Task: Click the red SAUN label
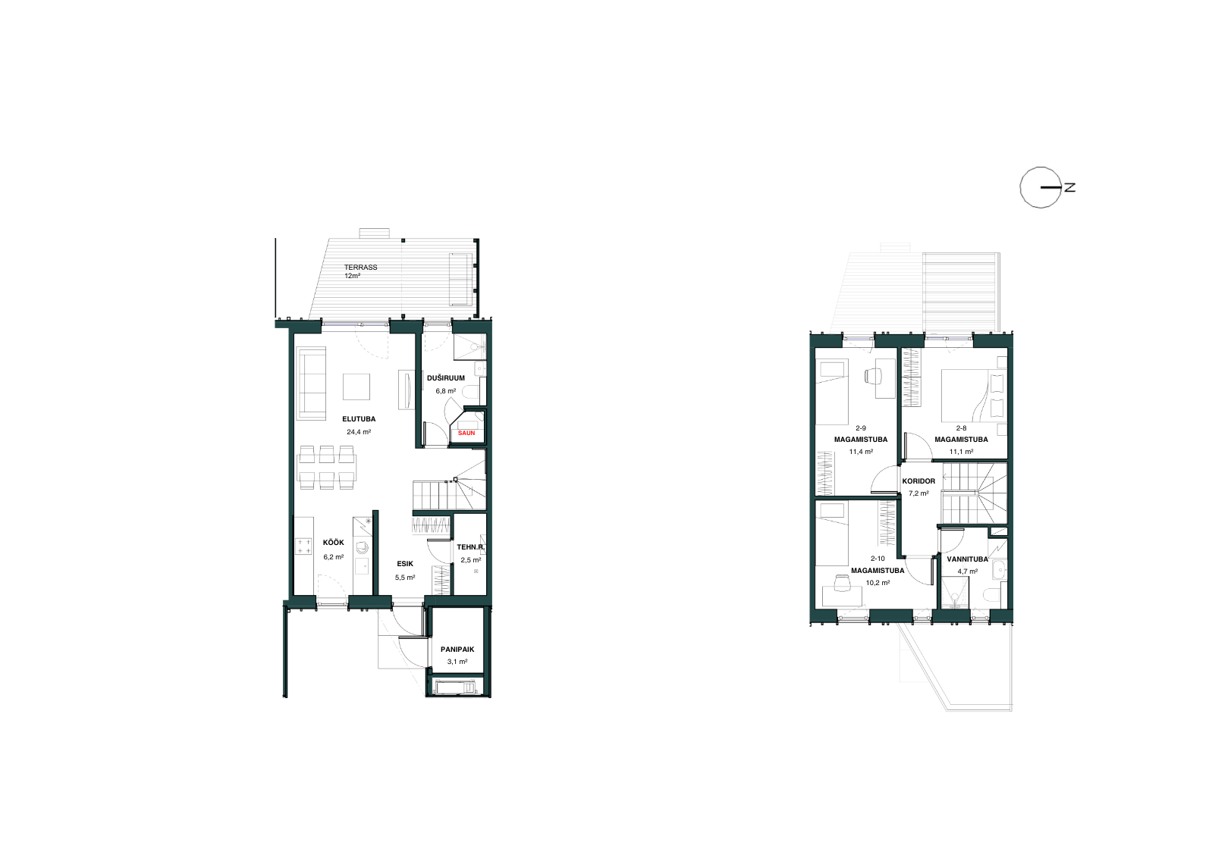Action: pyautogui.click(x=466, y=434)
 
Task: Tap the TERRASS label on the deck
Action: pyautogui.click(x=361, y=268)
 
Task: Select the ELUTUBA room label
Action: pyautogui.click(x=359, y=419)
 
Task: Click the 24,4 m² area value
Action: pyautogui.click(x=359, y=432)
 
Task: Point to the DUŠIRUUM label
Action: pyautogui.click(x=446, y=378)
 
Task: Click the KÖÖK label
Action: pyautogui.click(x=333, y=543)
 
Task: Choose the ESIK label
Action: pyautogui.click(x=405, y=564)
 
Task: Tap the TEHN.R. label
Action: pyautogui.click(x=471, y=547)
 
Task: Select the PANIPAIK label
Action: pyautogui.click(x=457, y=650)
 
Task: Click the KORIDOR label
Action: pyautogui.click(x=918, y=481)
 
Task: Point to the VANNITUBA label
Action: pyautogui.click(x=968, y=559)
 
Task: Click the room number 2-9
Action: pyautogui.click(x=861, y=428)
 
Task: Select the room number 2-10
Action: pyautogui.click(x=878, y=559)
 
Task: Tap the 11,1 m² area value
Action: pyautogui.click(x=962, y=452)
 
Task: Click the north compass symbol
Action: pyautogui.click(x=1041, y=188)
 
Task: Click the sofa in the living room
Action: pyautogui.click(x=312, y=384)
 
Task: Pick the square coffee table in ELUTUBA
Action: pyautogui.click(x=356, y=387)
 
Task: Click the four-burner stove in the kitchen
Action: pyautogui.click(x=303, y=546)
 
